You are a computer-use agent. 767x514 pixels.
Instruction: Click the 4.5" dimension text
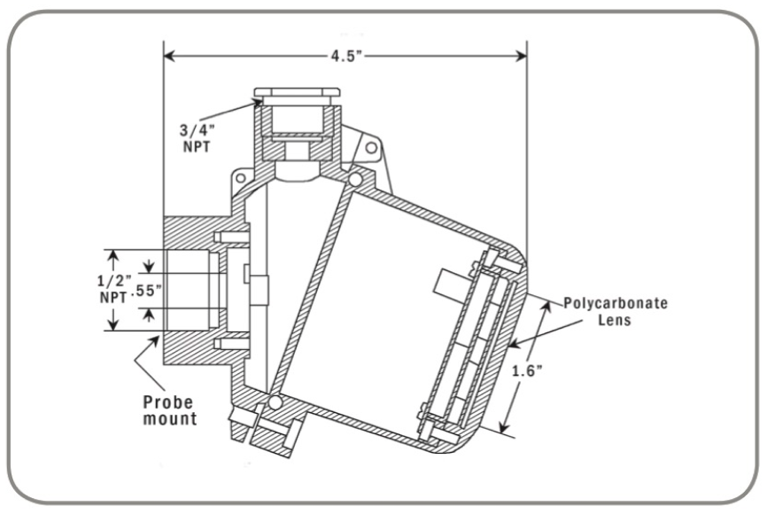point(345,55)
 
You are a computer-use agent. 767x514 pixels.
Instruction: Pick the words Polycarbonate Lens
point(616,311)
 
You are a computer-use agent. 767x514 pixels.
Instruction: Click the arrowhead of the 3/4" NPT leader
point(257,102)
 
